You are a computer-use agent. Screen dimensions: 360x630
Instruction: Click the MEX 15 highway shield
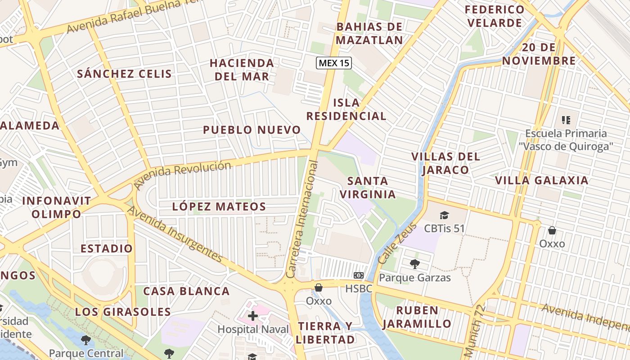pyautogui.click(x=333, y=63)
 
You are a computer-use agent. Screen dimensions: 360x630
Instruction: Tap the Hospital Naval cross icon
pyautogui.click(x=253, y=316)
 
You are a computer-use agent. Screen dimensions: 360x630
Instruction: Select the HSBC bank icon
pyautogui.click(x=359, y=275)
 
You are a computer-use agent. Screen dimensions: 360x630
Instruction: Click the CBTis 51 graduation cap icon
pyautogui.click(x=444, y=215)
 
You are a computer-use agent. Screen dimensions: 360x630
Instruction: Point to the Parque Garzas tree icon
pyautogui.click(x=414, y=264)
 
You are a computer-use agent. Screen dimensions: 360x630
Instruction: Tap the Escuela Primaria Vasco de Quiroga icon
pyautogui.click(x=566, y=120)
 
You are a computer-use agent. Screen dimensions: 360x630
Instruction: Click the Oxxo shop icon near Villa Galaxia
pyautogui.click(x=552, y=231)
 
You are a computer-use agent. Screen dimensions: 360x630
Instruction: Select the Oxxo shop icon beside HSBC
pyautogui.click(x=319, y=288)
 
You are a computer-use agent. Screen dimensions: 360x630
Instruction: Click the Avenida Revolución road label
pyautogui.click(x=183, y=175)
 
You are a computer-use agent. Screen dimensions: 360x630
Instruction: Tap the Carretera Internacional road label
pyautogui.click(x=302, y=219)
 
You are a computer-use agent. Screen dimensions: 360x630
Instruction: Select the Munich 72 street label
pyautogui.click(x=474, y=330)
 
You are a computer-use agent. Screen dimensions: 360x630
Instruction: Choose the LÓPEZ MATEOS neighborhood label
pyautogui.click(x=219, y=207)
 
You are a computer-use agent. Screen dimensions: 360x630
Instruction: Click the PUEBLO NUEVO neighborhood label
pyautogui.click(x=252, y=130)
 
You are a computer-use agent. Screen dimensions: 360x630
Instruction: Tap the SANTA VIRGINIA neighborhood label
pyautogui.click(x=368, y=188)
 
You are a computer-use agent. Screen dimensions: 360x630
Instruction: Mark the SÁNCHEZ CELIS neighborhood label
pyautogui.click(x=124, y=74)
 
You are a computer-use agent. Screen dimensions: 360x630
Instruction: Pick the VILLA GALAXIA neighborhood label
pyautogui.click(x=541, y=180)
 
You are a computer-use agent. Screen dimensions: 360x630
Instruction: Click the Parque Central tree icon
pyautogui.click(x=85, y=340)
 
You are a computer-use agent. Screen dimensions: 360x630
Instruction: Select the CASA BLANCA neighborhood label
pyautogui.click(x=186, y=291)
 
